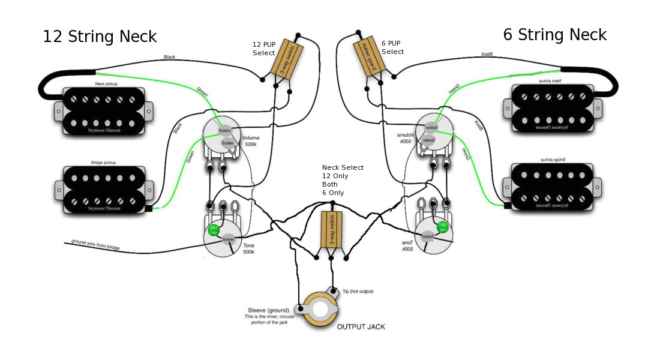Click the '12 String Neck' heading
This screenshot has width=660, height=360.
coord(100,37)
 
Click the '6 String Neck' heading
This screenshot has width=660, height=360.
coord(554,34)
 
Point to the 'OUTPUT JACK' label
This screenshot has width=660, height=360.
coord(361,327)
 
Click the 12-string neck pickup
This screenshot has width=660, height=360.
coord(104,109)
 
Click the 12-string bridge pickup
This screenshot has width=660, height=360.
coord(104,189)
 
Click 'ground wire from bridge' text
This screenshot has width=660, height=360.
coord(96,244)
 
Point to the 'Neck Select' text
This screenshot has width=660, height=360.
coord(343,167)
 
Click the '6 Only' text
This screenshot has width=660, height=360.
coord(334,193)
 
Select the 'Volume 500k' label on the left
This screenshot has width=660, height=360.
coord(251,142)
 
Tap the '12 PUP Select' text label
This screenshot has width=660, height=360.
coord(265,49)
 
